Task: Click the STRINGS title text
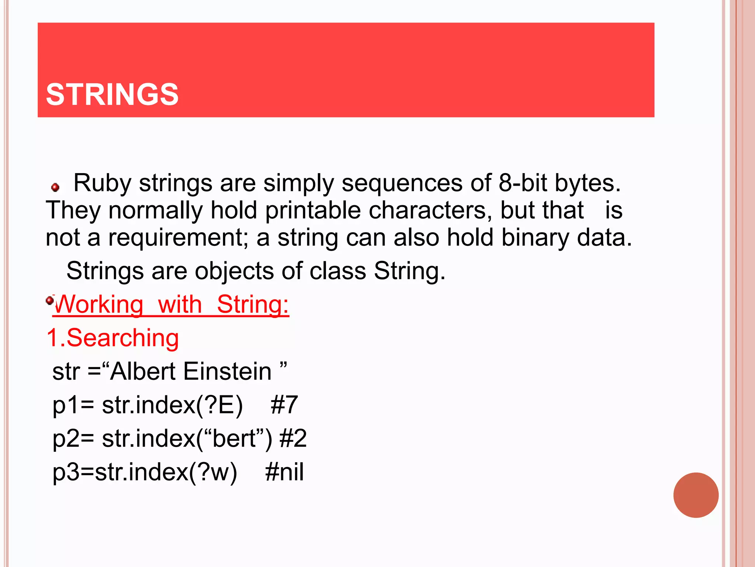coord(112,94)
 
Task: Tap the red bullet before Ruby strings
coord(55,188)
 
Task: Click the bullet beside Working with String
coord(50,300)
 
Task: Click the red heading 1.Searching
coord(113,338)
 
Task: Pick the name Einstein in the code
coord(227,371)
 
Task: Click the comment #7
coord(284,405)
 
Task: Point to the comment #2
coord(293,439)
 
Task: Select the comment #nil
coord(284,472)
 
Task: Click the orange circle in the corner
coord(696,495)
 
